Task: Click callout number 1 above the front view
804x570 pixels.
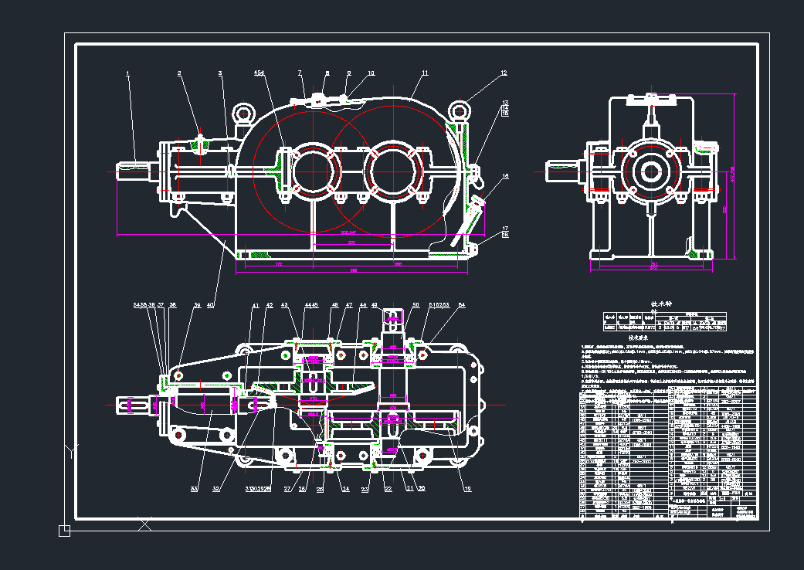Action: coord(128,73)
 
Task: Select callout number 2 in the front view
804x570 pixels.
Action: coord(179,73)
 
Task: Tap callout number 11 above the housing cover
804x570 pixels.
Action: coord(425,73)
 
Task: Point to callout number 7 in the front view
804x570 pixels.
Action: coord(300,73)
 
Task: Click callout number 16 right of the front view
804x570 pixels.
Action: coord(505,176)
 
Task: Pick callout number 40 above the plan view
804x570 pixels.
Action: coord(210,306)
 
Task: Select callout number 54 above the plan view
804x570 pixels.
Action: coord(462,306)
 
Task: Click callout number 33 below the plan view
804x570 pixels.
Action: coord(195,489)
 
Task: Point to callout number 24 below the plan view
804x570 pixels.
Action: coord(345,489)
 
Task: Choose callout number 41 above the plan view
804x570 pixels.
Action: coord(256,306)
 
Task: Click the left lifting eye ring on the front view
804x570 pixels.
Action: coord(248,114)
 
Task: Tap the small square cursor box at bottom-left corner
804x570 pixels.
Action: coord(64,530)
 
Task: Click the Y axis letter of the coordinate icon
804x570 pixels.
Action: coord(71,450)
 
